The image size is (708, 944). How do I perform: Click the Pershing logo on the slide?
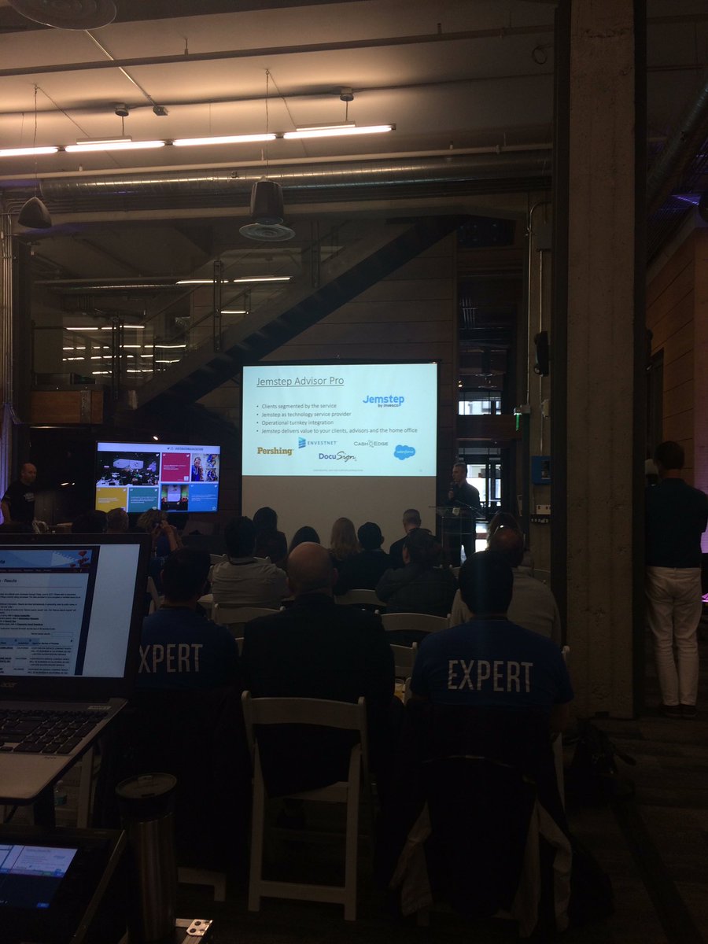(275, 451)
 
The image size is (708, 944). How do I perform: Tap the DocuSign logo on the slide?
(337, 456)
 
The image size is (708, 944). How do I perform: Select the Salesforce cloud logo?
(404, 452)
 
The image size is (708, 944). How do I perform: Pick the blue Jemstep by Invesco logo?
(384, 400)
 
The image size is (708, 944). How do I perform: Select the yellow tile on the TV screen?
(112, 499)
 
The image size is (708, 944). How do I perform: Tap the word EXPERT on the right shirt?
(490, 675)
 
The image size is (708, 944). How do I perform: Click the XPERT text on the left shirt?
(171, 657)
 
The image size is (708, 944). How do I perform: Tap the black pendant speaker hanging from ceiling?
(267, 211)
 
